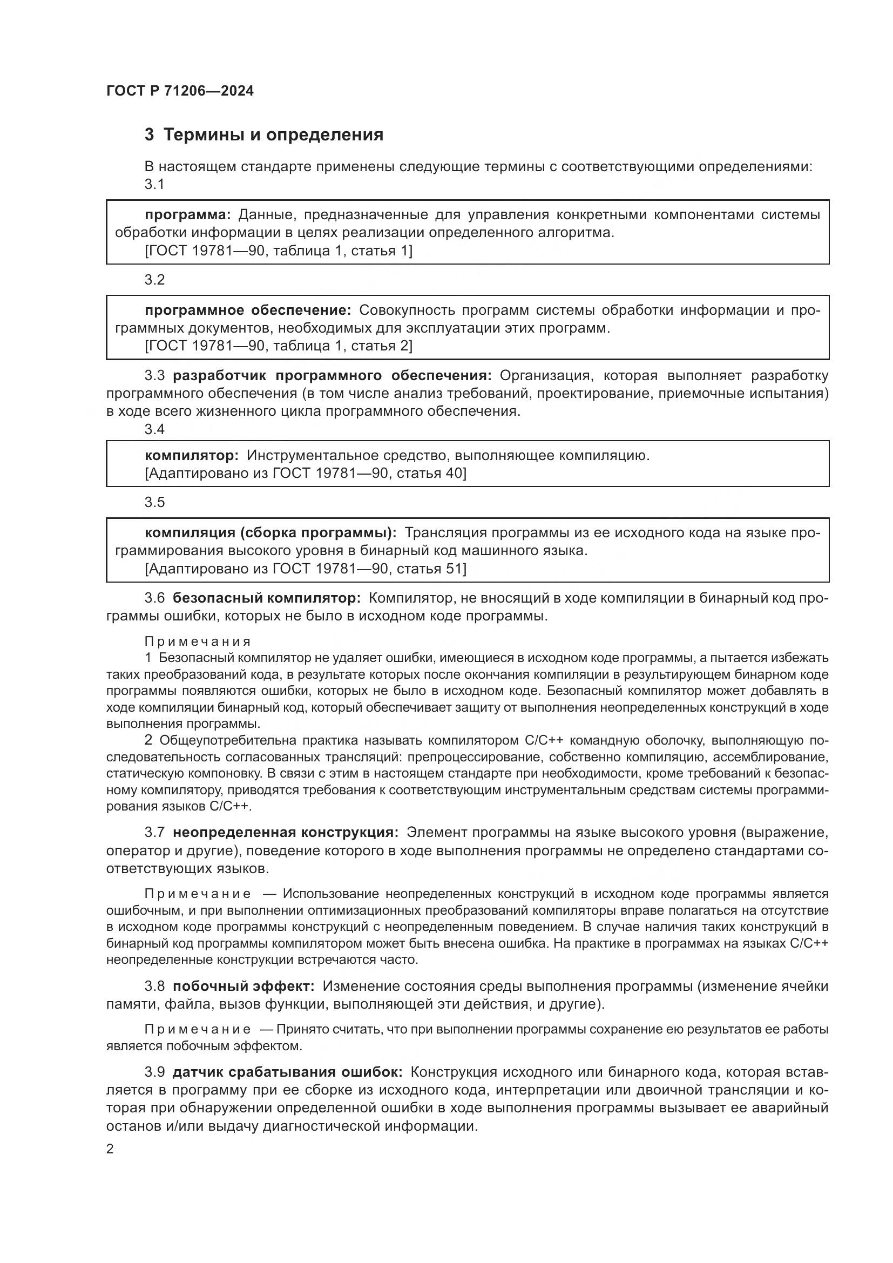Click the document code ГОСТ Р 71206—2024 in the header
coord(180,91)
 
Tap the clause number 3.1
coord(154,184)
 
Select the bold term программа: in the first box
coord(187,214)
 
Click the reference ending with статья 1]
coord(278,251)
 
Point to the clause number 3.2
coord(154,280)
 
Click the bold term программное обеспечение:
coord(247,310)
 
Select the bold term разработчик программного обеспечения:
coord(332,376)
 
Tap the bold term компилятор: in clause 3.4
coord(191,456)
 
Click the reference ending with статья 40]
coord(305,473)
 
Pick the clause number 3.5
coord(154,502)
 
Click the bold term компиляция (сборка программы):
coord(270,532)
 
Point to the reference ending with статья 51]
coord(305,568)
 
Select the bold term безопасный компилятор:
coord(266,598)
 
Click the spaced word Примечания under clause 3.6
coord(198,641)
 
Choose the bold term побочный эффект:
coord(243,987)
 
